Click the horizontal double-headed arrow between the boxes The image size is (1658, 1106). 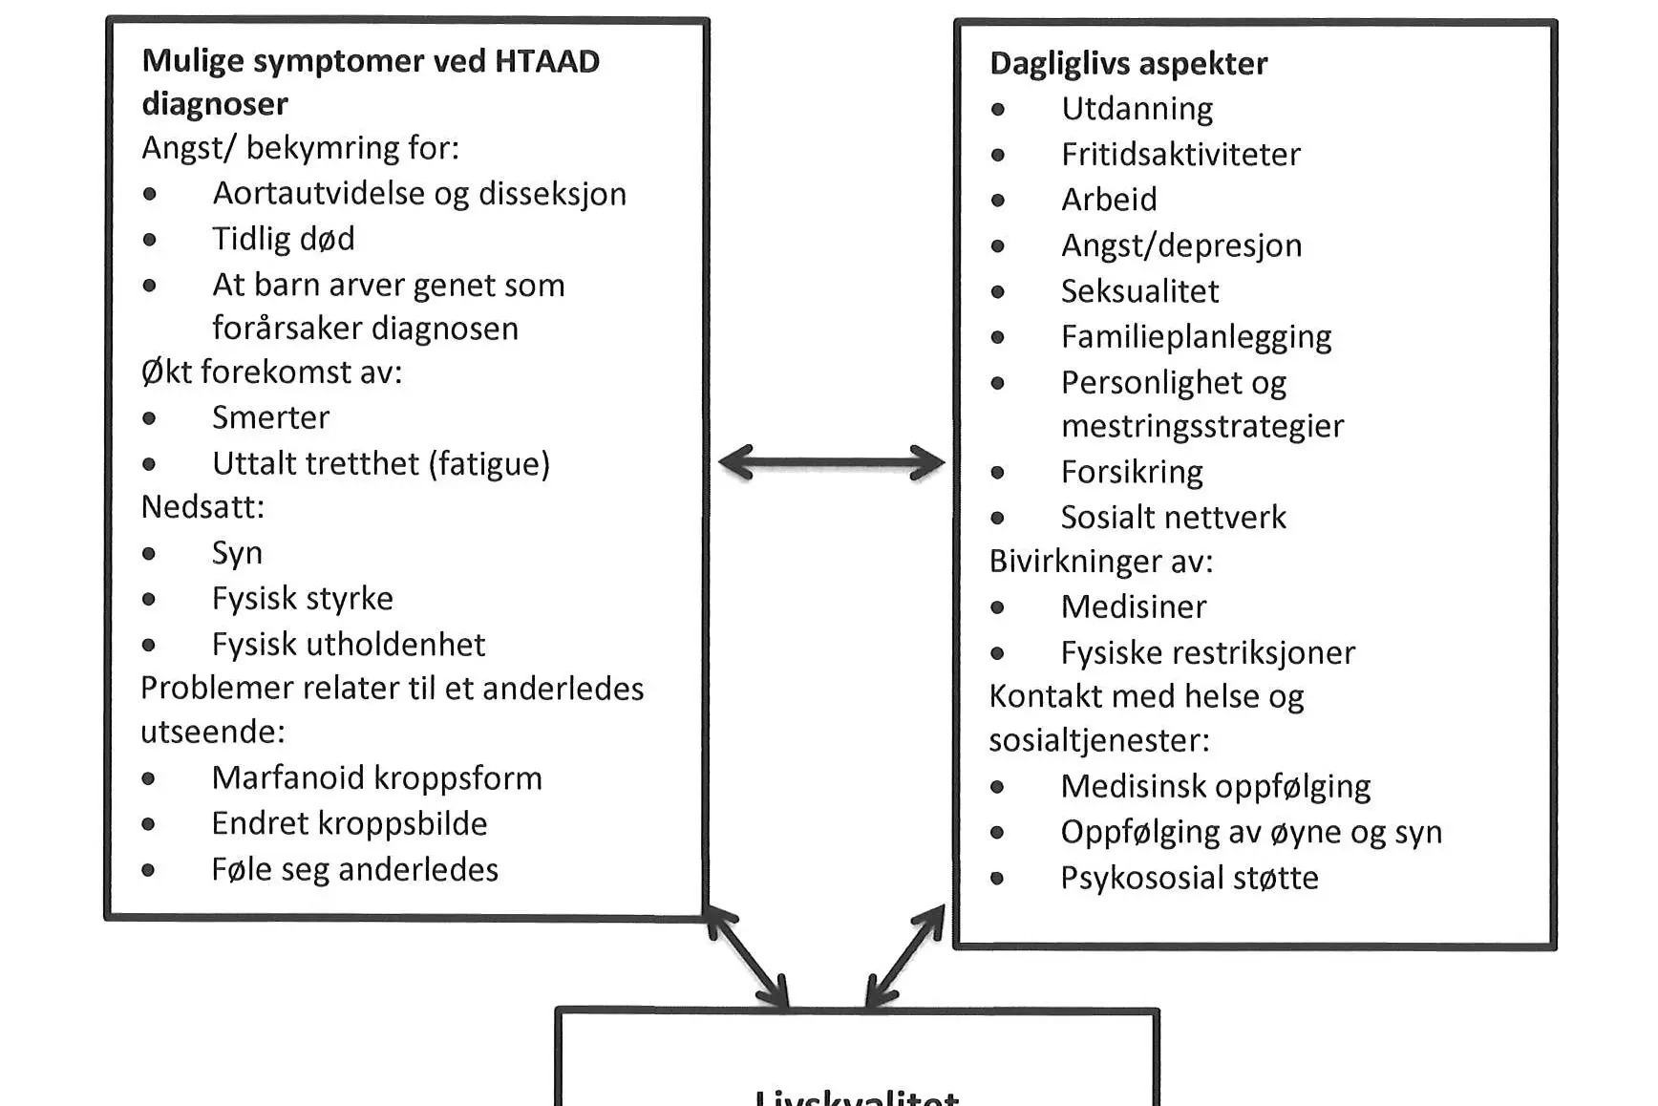[x=831, y=463]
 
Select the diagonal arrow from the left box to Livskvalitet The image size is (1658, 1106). [x=747, y=957]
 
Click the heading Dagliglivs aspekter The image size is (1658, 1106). [x=1128, y=63]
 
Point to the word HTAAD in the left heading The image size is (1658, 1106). [x=546, y=61]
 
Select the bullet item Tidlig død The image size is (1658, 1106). [x=283, y=239]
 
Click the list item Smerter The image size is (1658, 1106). [x=270, y=417]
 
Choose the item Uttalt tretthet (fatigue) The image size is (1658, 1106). [x=380, y=463]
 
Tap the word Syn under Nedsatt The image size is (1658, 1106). [x=237, y=553]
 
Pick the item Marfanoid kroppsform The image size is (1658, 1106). [x=376, y=778]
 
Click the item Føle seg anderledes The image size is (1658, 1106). [x=354, y=869]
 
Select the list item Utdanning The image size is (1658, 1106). [x=1137, y=109]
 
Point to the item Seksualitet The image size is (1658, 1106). [x=1139, y=291]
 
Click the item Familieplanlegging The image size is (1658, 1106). [x=1196, y=337]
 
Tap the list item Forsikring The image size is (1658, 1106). [x=1132, y=472]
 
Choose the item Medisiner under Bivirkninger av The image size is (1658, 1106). [x=1134, y=606]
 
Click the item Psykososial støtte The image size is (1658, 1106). [x=1189, y=878]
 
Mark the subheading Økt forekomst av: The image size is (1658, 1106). [x=271, y=372]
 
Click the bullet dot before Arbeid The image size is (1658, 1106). [x=998, y=201]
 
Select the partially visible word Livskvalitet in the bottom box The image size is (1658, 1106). [x=857, y=1097]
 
